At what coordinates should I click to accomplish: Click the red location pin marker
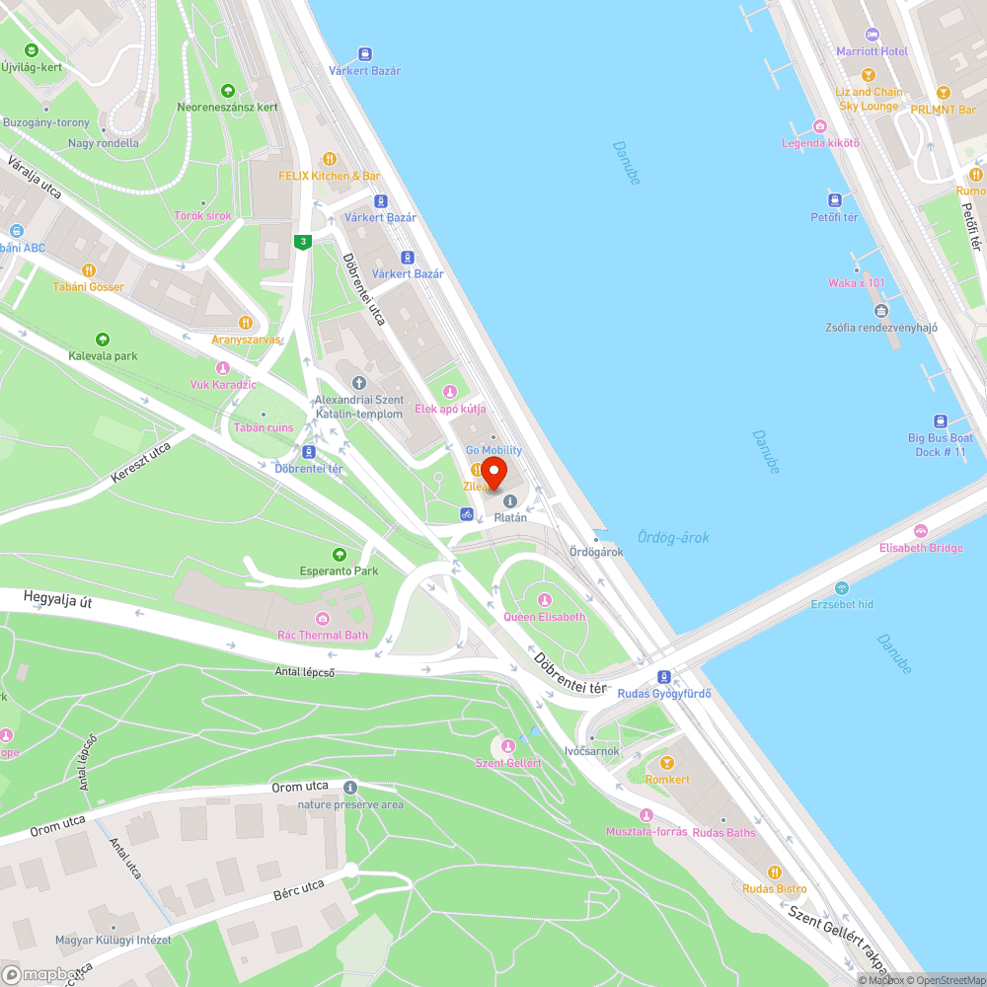493,471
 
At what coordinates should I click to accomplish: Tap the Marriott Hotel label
872,51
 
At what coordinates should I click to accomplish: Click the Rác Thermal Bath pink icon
322,619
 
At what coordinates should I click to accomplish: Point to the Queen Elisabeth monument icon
544,600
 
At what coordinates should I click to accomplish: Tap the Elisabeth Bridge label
921,548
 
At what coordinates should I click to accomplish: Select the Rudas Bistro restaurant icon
775,872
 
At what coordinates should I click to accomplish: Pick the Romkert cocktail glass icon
666,763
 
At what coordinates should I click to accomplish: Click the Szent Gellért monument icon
508,746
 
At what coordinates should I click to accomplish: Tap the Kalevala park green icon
103,340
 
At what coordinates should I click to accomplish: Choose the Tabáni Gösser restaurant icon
89,269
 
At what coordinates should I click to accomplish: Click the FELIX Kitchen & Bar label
330,176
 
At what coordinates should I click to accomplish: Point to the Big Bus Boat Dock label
940,444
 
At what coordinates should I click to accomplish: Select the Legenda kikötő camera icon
820,126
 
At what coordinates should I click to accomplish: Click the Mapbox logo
39,972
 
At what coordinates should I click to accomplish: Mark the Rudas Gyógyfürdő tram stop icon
664,677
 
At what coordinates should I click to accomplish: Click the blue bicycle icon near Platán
466,513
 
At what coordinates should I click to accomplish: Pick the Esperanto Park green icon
340,555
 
